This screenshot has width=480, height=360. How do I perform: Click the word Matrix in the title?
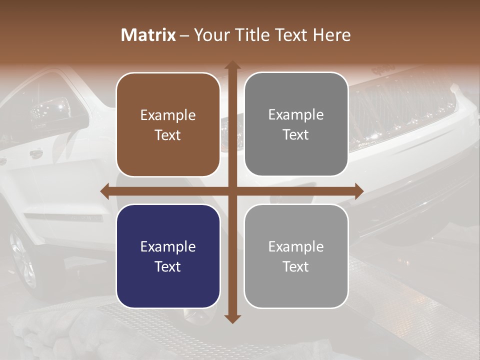(x=148, y=35)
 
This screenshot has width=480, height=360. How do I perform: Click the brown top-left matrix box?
(x=168, y=124)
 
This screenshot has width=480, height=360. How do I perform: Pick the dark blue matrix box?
(x=168, y=256)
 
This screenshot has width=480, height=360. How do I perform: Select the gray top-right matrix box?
(x=296, y=124)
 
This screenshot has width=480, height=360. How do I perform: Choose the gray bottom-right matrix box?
(x=296, y=256)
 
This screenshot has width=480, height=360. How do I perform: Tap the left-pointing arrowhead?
(x=105, y=191)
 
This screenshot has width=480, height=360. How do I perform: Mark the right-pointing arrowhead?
(x=358, y=191)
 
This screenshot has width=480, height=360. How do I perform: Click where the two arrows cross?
(x=232, y=191)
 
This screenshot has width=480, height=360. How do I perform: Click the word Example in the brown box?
(x=168, y=115)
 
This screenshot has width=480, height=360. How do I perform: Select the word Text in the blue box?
(x=168, y=266)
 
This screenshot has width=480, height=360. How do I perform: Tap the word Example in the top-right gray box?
(x=296, y=115)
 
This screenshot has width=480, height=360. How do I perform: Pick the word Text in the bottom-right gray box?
(x=296, y=266)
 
